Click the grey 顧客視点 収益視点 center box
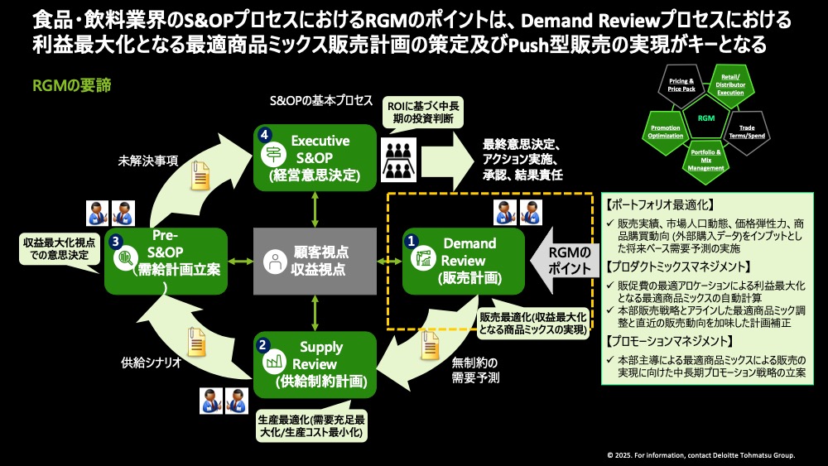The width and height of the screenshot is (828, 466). pyautogui.click(x=315, y=261)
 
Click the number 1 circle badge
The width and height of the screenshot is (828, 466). pyautogui.click(x=411, y=240)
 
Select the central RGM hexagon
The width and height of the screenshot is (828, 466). pyautogui.click(x=705, y=118)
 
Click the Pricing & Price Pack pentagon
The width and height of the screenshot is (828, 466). pyautogui.click(x=681, y=85)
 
